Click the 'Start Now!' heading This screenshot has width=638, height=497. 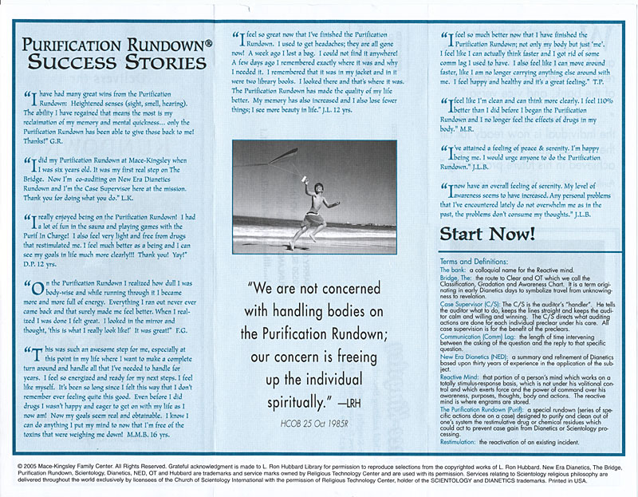[486, 234]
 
